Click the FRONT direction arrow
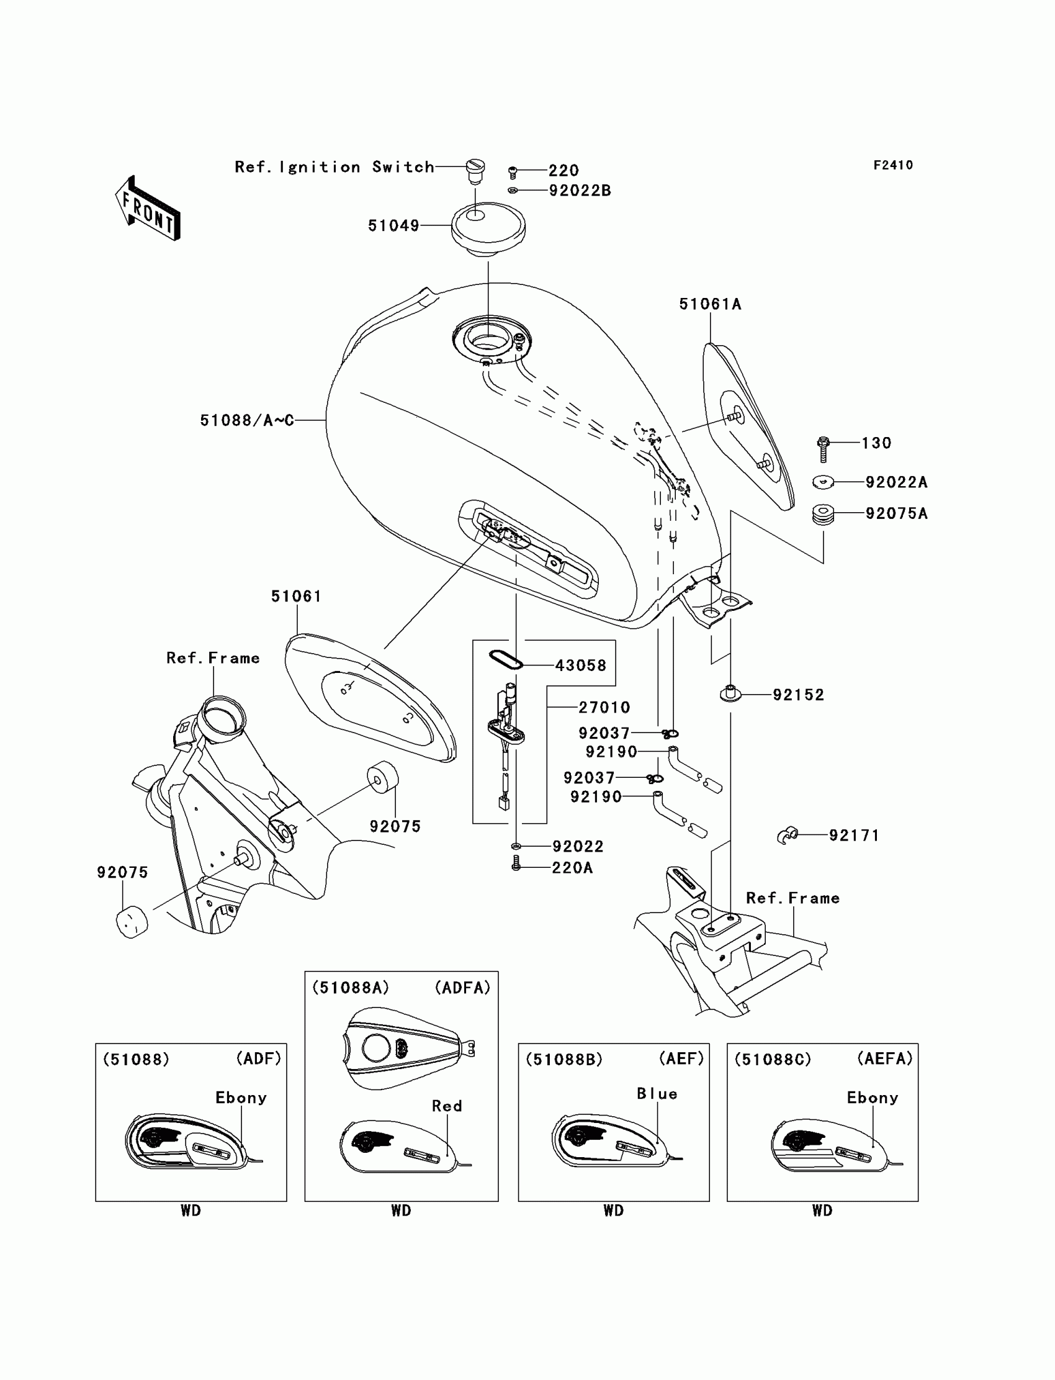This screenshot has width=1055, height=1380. (x=148, y=208)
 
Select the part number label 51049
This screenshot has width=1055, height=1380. (x=393, y=225)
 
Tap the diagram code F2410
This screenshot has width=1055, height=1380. (x=893, y=165)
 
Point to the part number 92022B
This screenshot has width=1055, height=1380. (x=580, y=191)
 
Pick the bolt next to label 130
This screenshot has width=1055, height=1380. (x=824, y=448)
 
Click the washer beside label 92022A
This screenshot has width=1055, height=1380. (x=823, y=482)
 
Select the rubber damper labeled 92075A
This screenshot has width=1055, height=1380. (x=824, y=514)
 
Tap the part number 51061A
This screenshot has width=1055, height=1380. (x=710, y=304)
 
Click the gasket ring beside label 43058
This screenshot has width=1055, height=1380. (x=506, y=659)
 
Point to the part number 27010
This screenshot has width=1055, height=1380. (x=604, y=707)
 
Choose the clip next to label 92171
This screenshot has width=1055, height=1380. (x=788, y=835)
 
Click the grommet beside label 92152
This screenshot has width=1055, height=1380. (x=730, y=694)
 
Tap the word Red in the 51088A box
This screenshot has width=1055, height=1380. (x=446, y=1106)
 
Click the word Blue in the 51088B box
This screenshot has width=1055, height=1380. (x=657, y=1094)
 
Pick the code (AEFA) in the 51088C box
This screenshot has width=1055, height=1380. (x=885, y=1059)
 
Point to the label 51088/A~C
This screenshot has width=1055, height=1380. (x=247, y=420)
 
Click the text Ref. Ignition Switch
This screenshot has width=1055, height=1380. (x=334, y=167)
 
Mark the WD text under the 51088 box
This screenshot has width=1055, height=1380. (x=191, y=1211)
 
